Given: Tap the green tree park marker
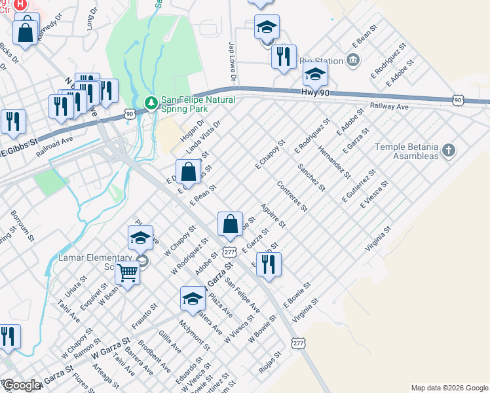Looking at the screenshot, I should point(151,103).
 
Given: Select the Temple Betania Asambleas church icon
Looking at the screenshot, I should point(448,152).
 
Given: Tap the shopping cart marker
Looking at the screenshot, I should point(128,271).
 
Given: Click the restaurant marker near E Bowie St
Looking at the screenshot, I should point(269,263).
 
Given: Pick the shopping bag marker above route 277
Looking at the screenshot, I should point(231,224).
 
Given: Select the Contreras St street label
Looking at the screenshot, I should point(292,196).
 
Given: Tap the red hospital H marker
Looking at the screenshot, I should point(20,4).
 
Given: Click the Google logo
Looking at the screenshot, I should point(22,385).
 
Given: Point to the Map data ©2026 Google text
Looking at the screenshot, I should point(449,388).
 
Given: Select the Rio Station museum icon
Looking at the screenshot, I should point(354,62).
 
